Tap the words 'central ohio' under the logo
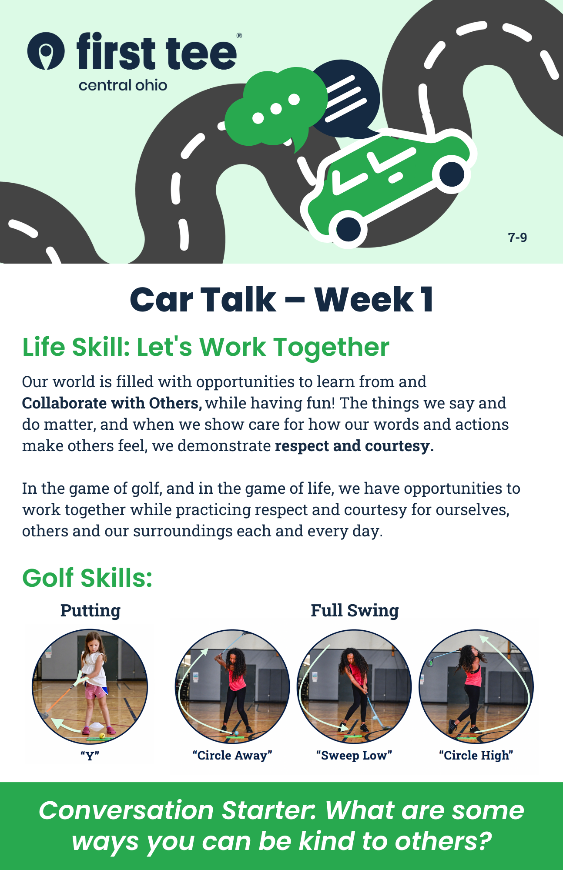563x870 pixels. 123,85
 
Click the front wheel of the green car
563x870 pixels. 348,229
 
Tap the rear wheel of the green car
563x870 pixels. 452,174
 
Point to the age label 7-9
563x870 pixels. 517,237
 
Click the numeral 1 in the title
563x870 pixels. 427,300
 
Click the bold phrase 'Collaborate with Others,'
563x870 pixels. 112,403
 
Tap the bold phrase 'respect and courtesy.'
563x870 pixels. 354,446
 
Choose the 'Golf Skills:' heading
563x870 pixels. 87,578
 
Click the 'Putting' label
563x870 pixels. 90,610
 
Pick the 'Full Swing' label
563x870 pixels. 355,610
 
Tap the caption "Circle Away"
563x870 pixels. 232,755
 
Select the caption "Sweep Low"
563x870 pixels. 354,755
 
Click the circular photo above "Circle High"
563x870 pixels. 476,686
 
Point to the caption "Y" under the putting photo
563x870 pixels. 90,756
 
